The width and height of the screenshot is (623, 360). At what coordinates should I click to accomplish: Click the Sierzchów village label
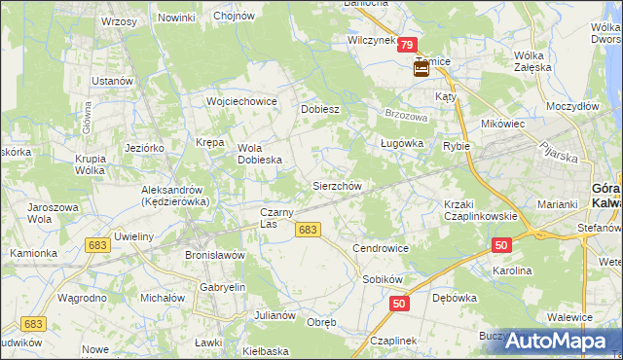[x=337, y=185]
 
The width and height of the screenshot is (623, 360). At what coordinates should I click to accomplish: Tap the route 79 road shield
[x=408, y=45]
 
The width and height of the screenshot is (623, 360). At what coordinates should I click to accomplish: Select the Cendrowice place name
[x=381, y=248]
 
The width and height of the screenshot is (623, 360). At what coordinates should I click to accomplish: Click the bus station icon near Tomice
[x=421, y=69]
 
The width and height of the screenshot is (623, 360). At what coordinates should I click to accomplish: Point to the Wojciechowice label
[x=241, y=101]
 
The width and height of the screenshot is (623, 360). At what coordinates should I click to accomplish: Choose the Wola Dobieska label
[x=260, y=154]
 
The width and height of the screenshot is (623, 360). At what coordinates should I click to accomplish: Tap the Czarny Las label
[x=282, y=218]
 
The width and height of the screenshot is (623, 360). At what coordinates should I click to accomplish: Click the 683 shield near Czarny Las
[x=308, y=230]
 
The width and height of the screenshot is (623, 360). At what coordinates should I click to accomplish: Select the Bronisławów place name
[x=214, y=255]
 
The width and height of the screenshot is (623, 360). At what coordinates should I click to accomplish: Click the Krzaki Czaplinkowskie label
[x=478, y=210]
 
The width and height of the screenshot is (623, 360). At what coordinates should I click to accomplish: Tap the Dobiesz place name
[x=319, y=109]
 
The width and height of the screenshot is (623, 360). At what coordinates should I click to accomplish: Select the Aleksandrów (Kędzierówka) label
[x=177, y=195]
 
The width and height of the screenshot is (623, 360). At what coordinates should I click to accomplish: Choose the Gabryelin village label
[x=222, y=288]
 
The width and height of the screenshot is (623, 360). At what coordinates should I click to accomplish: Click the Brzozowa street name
[x=407, y=116]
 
